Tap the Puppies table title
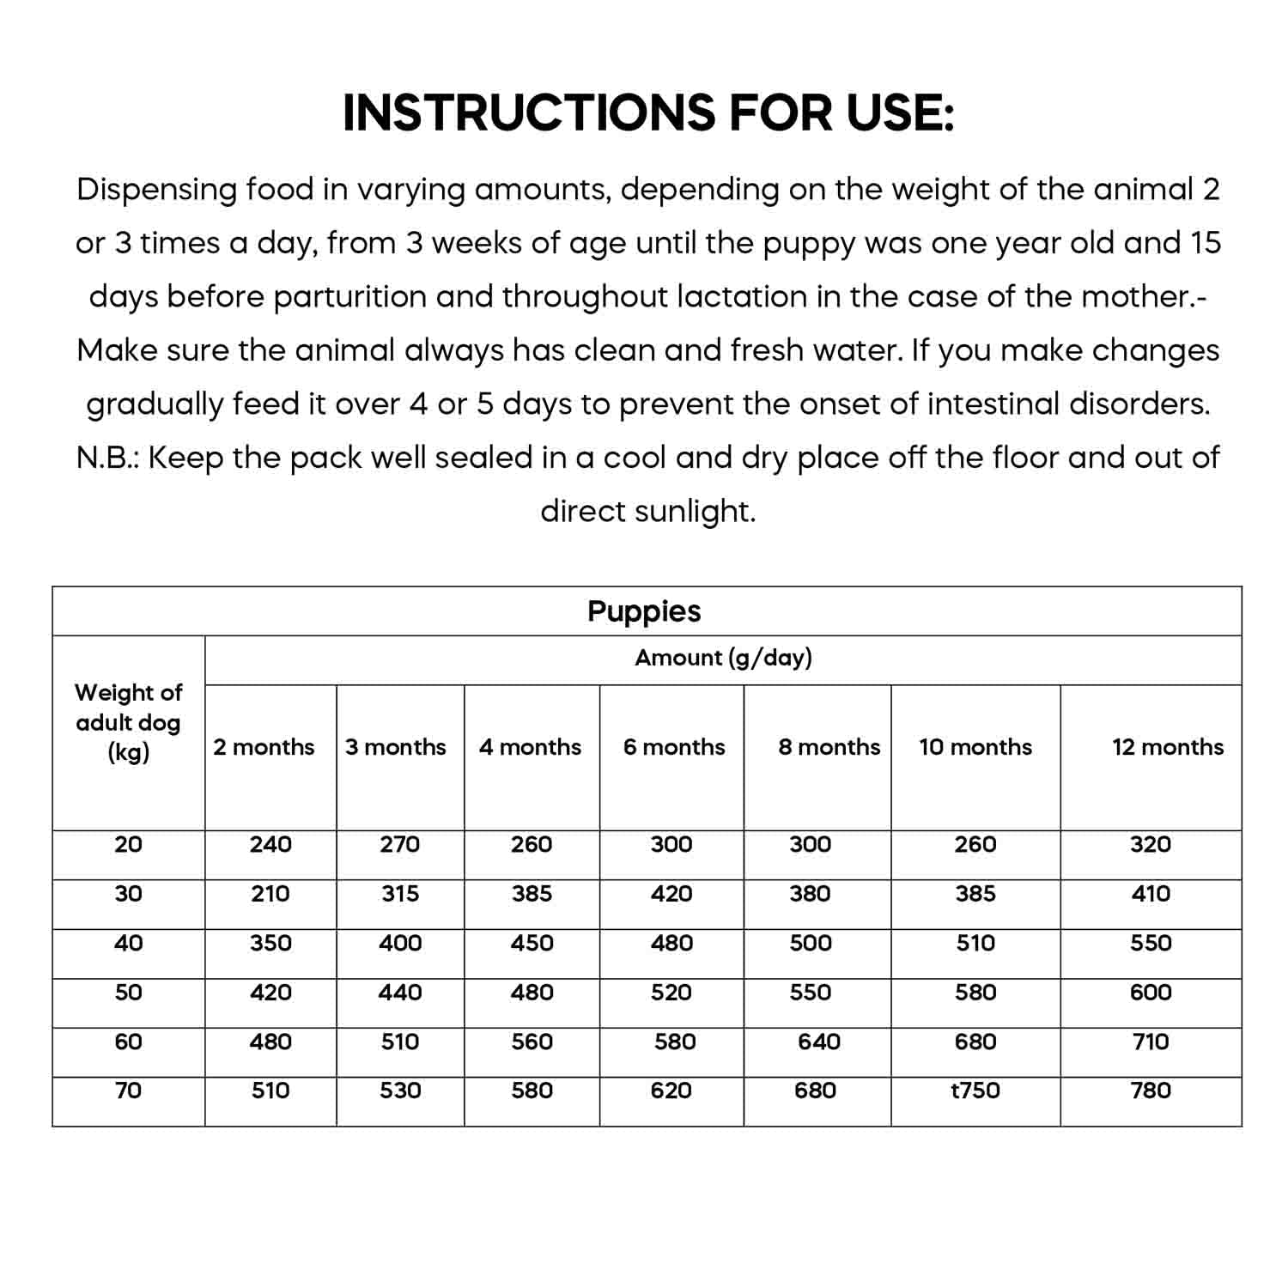(644, 611)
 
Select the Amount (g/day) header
(723, 658)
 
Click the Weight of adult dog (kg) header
(128, 722)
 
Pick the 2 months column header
(264, 747)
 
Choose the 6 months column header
(674, 747)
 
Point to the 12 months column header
(1168, 747)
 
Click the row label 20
(128, 844)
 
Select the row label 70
(128, 1091)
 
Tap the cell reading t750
(975, 1091)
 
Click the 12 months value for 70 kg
(1151, 1091)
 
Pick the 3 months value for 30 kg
(400, 894)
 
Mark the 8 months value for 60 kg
(819, 1042)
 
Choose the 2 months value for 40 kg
(270, 943)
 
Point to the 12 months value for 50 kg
(1151, 993)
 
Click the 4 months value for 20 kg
(532, 844)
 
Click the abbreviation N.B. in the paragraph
(107, 458)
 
